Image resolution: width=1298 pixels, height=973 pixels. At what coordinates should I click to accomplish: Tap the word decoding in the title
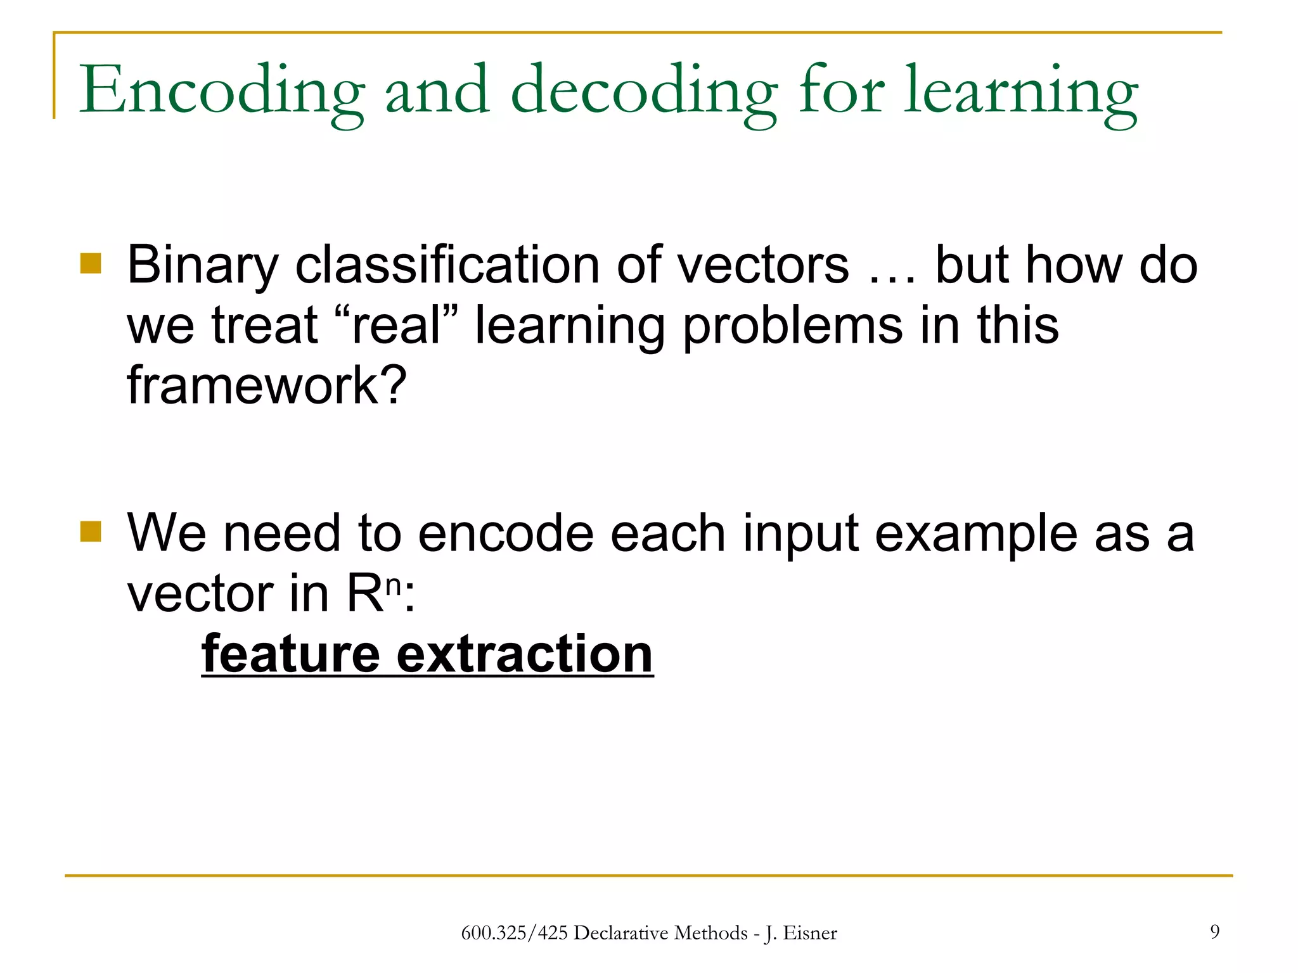(x=643, y=92)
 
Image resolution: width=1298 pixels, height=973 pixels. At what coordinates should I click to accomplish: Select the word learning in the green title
(x=1020, y=92)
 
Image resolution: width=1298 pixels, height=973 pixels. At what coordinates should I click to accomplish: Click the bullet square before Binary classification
(x=91, y=264)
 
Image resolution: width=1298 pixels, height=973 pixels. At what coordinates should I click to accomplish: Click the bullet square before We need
(x=91, y=532)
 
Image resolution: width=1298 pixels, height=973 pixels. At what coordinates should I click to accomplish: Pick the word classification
(x=447, y=265)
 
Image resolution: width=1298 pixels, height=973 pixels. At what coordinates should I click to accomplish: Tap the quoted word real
(x=396, y=325)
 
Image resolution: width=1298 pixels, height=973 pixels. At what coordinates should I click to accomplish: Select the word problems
(x=792, y=325)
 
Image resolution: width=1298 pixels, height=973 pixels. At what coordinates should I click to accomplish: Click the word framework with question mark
(x=266, y=385)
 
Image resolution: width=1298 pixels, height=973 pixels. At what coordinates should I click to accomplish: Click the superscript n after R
(x=394, y=585)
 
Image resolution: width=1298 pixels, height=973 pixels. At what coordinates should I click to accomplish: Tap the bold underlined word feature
(x=290, y=654)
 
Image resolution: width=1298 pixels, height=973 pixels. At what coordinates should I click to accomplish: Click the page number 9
(x=1214, y=931)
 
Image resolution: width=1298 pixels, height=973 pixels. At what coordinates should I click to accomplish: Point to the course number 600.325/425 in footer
(x=514, y=933)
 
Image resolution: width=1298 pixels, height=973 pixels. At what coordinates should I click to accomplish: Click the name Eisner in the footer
(x=810, y=933)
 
